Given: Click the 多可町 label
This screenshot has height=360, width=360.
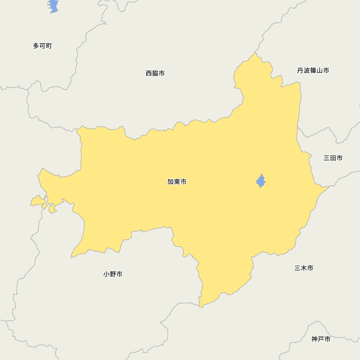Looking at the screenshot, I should (42, 46).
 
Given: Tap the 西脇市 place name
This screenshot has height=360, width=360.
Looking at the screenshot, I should (155, 73).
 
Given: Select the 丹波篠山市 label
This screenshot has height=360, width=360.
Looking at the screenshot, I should (313, 71).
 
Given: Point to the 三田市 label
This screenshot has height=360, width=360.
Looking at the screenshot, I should (333, 158).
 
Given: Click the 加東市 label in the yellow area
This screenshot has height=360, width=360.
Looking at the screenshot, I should (177, 182).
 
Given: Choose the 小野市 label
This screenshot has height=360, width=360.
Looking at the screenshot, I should (113, 274).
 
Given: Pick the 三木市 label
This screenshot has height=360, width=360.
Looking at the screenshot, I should (303, 268).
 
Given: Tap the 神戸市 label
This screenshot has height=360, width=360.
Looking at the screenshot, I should (321, 339).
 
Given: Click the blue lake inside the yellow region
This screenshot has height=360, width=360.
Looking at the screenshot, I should (261, 181).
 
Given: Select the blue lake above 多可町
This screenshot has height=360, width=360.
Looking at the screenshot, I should (53, 6).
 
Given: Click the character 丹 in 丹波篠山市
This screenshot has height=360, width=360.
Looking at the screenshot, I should (300, 71).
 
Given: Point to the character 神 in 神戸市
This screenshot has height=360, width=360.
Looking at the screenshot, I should (315, 339).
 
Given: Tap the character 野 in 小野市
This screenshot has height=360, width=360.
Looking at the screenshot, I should (113, 274).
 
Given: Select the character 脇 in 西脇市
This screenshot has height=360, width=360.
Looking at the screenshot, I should (155, 73).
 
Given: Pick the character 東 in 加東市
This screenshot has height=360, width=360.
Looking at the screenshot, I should (177, 182).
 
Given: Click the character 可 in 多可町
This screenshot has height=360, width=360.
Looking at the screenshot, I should (42, 46).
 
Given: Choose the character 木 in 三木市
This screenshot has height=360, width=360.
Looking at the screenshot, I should (303, 268).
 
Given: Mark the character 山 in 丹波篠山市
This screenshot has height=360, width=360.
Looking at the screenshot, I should (319, 71).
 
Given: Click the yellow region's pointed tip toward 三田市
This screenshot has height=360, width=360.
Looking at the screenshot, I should (328, 187).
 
